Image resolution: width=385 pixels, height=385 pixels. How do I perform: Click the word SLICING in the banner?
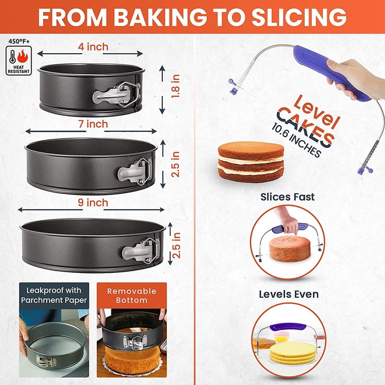(x=299, y=17)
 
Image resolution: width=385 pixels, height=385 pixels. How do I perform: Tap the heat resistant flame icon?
(x=23, y=56)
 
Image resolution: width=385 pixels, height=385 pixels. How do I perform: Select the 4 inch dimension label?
(x=93, y=47)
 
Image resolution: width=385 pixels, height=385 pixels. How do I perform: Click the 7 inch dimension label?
(x=93, y=124)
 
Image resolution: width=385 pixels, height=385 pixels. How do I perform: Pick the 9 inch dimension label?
(x=93, y=203)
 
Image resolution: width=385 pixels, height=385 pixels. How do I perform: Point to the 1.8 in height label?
(x=176, y=86)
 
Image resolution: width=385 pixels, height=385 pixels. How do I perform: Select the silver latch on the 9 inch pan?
(x=141, y=251)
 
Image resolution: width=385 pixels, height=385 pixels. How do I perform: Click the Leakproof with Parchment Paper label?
(x=54, y=295)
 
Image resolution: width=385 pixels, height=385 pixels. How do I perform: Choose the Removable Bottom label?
(x=132, y=296)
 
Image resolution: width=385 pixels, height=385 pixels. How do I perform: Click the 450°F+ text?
(x=19, y=41)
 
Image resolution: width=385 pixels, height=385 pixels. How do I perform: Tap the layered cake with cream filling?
(x=251, y=161)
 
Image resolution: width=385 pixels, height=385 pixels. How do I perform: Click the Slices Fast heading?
(x=287, y=197)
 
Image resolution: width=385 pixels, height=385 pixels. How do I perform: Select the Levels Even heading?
(x=289, y=294)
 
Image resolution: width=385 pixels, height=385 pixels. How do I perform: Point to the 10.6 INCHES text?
(x=296, y=140)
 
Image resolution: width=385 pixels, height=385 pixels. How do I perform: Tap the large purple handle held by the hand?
(x=330, y=71)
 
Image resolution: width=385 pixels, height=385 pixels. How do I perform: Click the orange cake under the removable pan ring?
(x=132, y=359)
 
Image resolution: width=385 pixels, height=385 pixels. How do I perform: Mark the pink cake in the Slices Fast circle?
(x=290, y=249)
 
